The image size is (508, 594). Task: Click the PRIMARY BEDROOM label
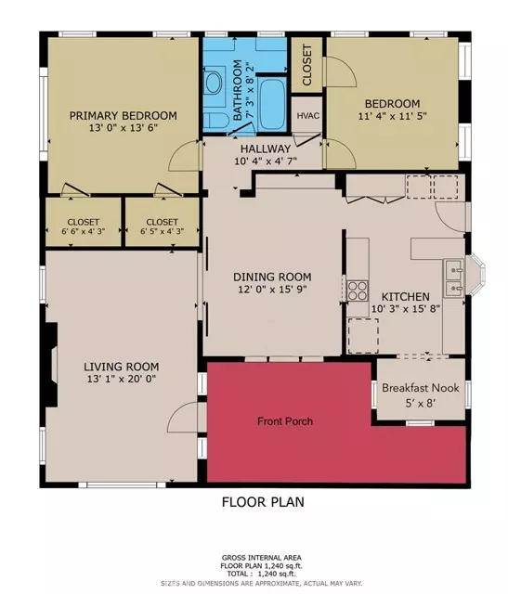(123, 116)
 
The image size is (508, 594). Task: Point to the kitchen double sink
(453, 277)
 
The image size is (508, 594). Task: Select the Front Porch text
(284, 421)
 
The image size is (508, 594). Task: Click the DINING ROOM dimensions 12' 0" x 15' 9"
(271, 291)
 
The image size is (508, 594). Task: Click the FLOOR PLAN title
(262, 502)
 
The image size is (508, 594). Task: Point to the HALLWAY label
(266, 148)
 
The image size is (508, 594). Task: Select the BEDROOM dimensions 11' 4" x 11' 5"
(391, 117)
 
